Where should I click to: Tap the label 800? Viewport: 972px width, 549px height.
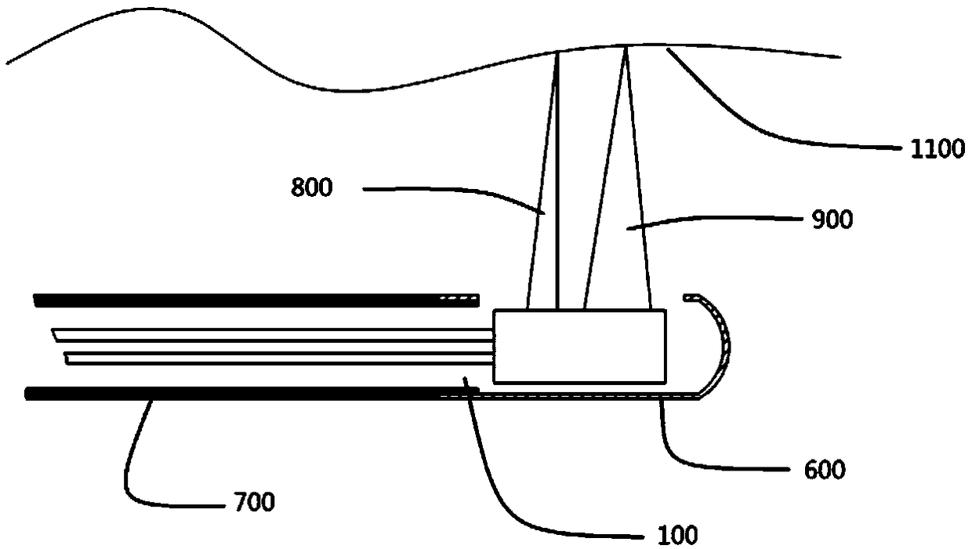point(312,188)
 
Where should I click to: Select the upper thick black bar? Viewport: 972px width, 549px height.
point(235,299)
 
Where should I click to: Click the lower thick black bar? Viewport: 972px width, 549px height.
point(235,393)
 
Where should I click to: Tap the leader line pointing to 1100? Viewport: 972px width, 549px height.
point(753,125)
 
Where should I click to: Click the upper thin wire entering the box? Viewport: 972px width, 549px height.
point(274,335)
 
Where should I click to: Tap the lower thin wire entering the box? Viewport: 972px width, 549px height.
point(274,358)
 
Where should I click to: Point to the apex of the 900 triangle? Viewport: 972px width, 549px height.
point(626,49)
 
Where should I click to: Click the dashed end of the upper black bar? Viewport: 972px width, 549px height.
point(459,299)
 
